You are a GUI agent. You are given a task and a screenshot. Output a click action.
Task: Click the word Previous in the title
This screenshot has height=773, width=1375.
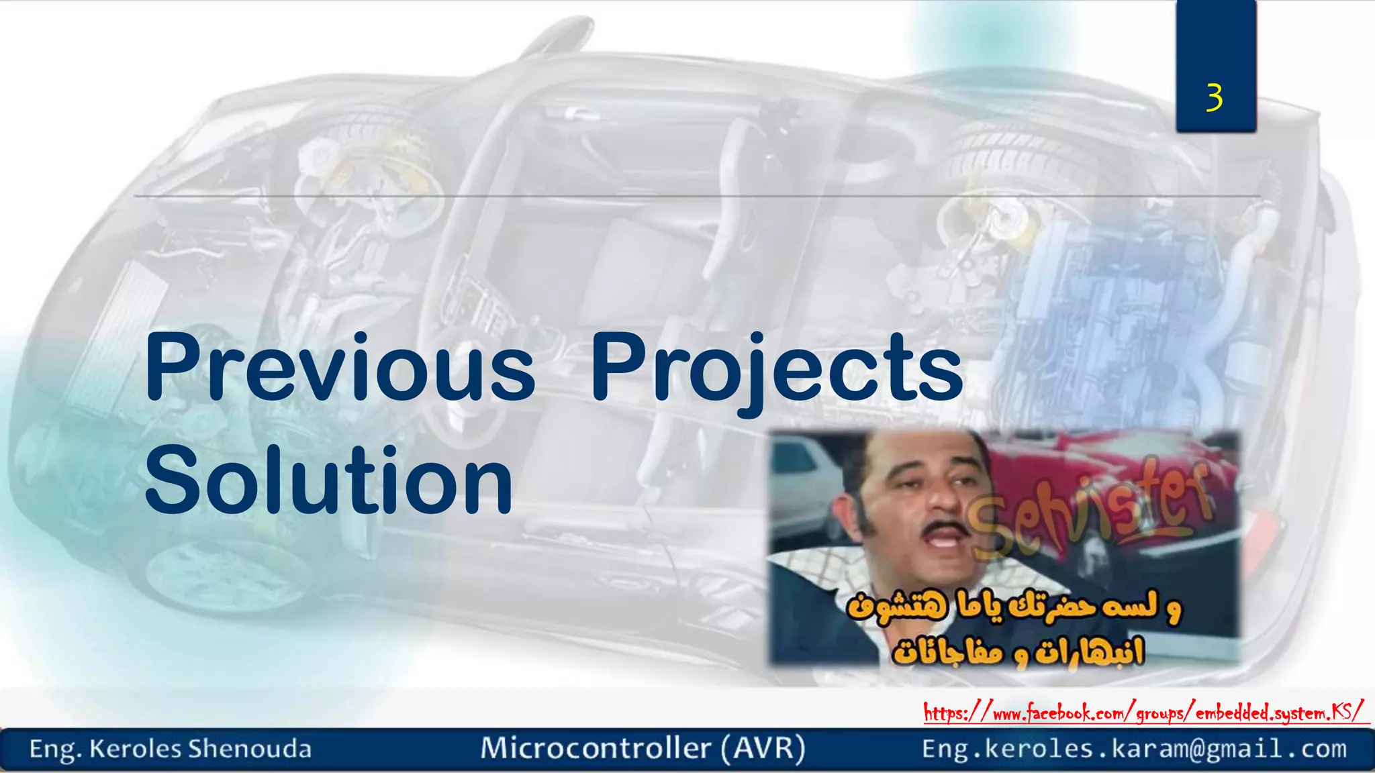(340, 368)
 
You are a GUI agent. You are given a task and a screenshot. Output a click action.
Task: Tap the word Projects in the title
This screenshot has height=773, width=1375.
(777, 368)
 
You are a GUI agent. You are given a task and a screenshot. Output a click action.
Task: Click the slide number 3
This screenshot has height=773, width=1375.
(1214, 98)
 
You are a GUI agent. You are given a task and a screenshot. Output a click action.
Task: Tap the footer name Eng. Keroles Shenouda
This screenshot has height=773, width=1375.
(171, 749)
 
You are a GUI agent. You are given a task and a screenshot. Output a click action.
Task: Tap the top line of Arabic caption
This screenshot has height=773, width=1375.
(1014, 608)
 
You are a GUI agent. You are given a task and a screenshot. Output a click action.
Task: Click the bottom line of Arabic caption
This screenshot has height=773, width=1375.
(1017, 651)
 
